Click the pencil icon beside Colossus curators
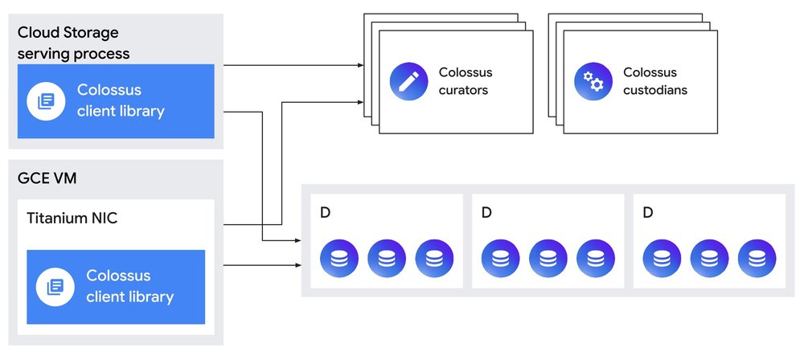point(408,81)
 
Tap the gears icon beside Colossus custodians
point(593,81)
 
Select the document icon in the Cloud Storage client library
point(46,101)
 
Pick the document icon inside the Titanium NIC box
point(55,287)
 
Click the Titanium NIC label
point(72,218)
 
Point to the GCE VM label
point(47,178)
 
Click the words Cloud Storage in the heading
point(68,33)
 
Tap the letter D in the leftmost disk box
point(325,213)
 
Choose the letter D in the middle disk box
point(486,213)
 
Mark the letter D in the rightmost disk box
point(649,213)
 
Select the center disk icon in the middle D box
point(548,257)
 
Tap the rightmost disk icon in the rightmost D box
point(757,257)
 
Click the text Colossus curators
point(466,81)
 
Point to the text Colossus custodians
point(655,81)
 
